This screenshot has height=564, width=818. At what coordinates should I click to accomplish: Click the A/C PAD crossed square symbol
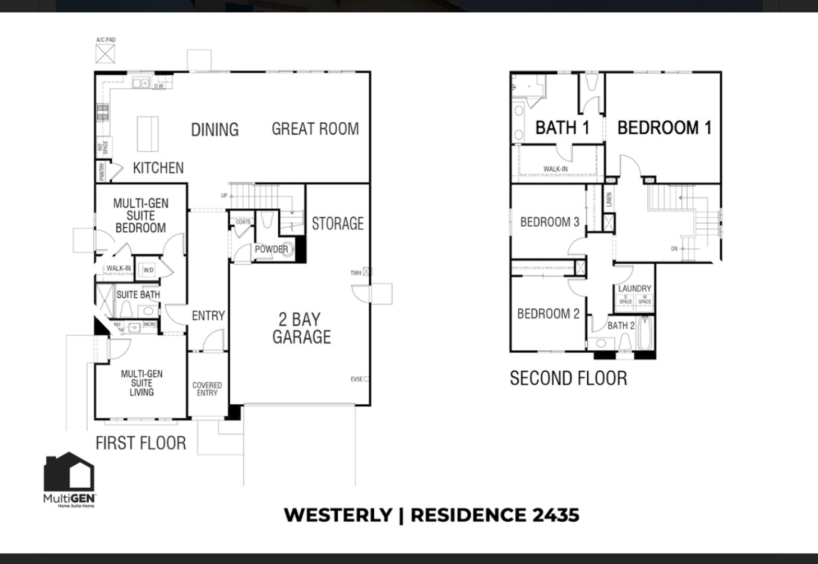[105, 53]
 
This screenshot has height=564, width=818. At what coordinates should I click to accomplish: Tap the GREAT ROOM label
[315, 128]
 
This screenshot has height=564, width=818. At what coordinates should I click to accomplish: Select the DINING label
[215, 130]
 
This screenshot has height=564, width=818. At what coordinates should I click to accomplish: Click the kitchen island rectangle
[148, 133]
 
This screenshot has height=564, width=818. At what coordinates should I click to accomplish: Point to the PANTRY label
[102, 171]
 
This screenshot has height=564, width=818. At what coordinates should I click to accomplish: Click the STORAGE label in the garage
[337, 224]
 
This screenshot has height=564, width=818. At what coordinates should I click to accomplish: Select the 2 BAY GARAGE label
[301, 328]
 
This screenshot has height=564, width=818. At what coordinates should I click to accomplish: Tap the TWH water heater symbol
[367, 272]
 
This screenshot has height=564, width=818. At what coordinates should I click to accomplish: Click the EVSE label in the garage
[358, 379]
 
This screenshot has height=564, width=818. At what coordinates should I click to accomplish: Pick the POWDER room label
[271, 249]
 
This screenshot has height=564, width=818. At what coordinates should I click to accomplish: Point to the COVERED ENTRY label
[207, 389]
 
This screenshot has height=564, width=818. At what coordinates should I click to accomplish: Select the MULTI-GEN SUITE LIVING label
[141, 383]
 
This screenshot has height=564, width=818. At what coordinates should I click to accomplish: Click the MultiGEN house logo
[69, 472]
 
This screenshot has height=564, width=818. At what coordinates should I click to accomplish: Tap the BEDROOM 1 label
[664, 127]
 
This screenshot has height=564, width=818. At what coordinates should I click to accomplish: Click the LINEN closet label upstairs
[609, 199]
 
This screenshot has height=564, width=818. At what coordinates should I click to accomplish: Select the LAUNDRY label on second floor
[634, 288]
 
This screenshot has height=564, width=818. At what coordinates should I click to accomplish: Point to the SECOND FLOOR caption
[568, 378]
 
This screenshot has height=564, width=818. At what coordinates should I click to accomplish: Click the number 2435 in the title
[555, 515]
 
